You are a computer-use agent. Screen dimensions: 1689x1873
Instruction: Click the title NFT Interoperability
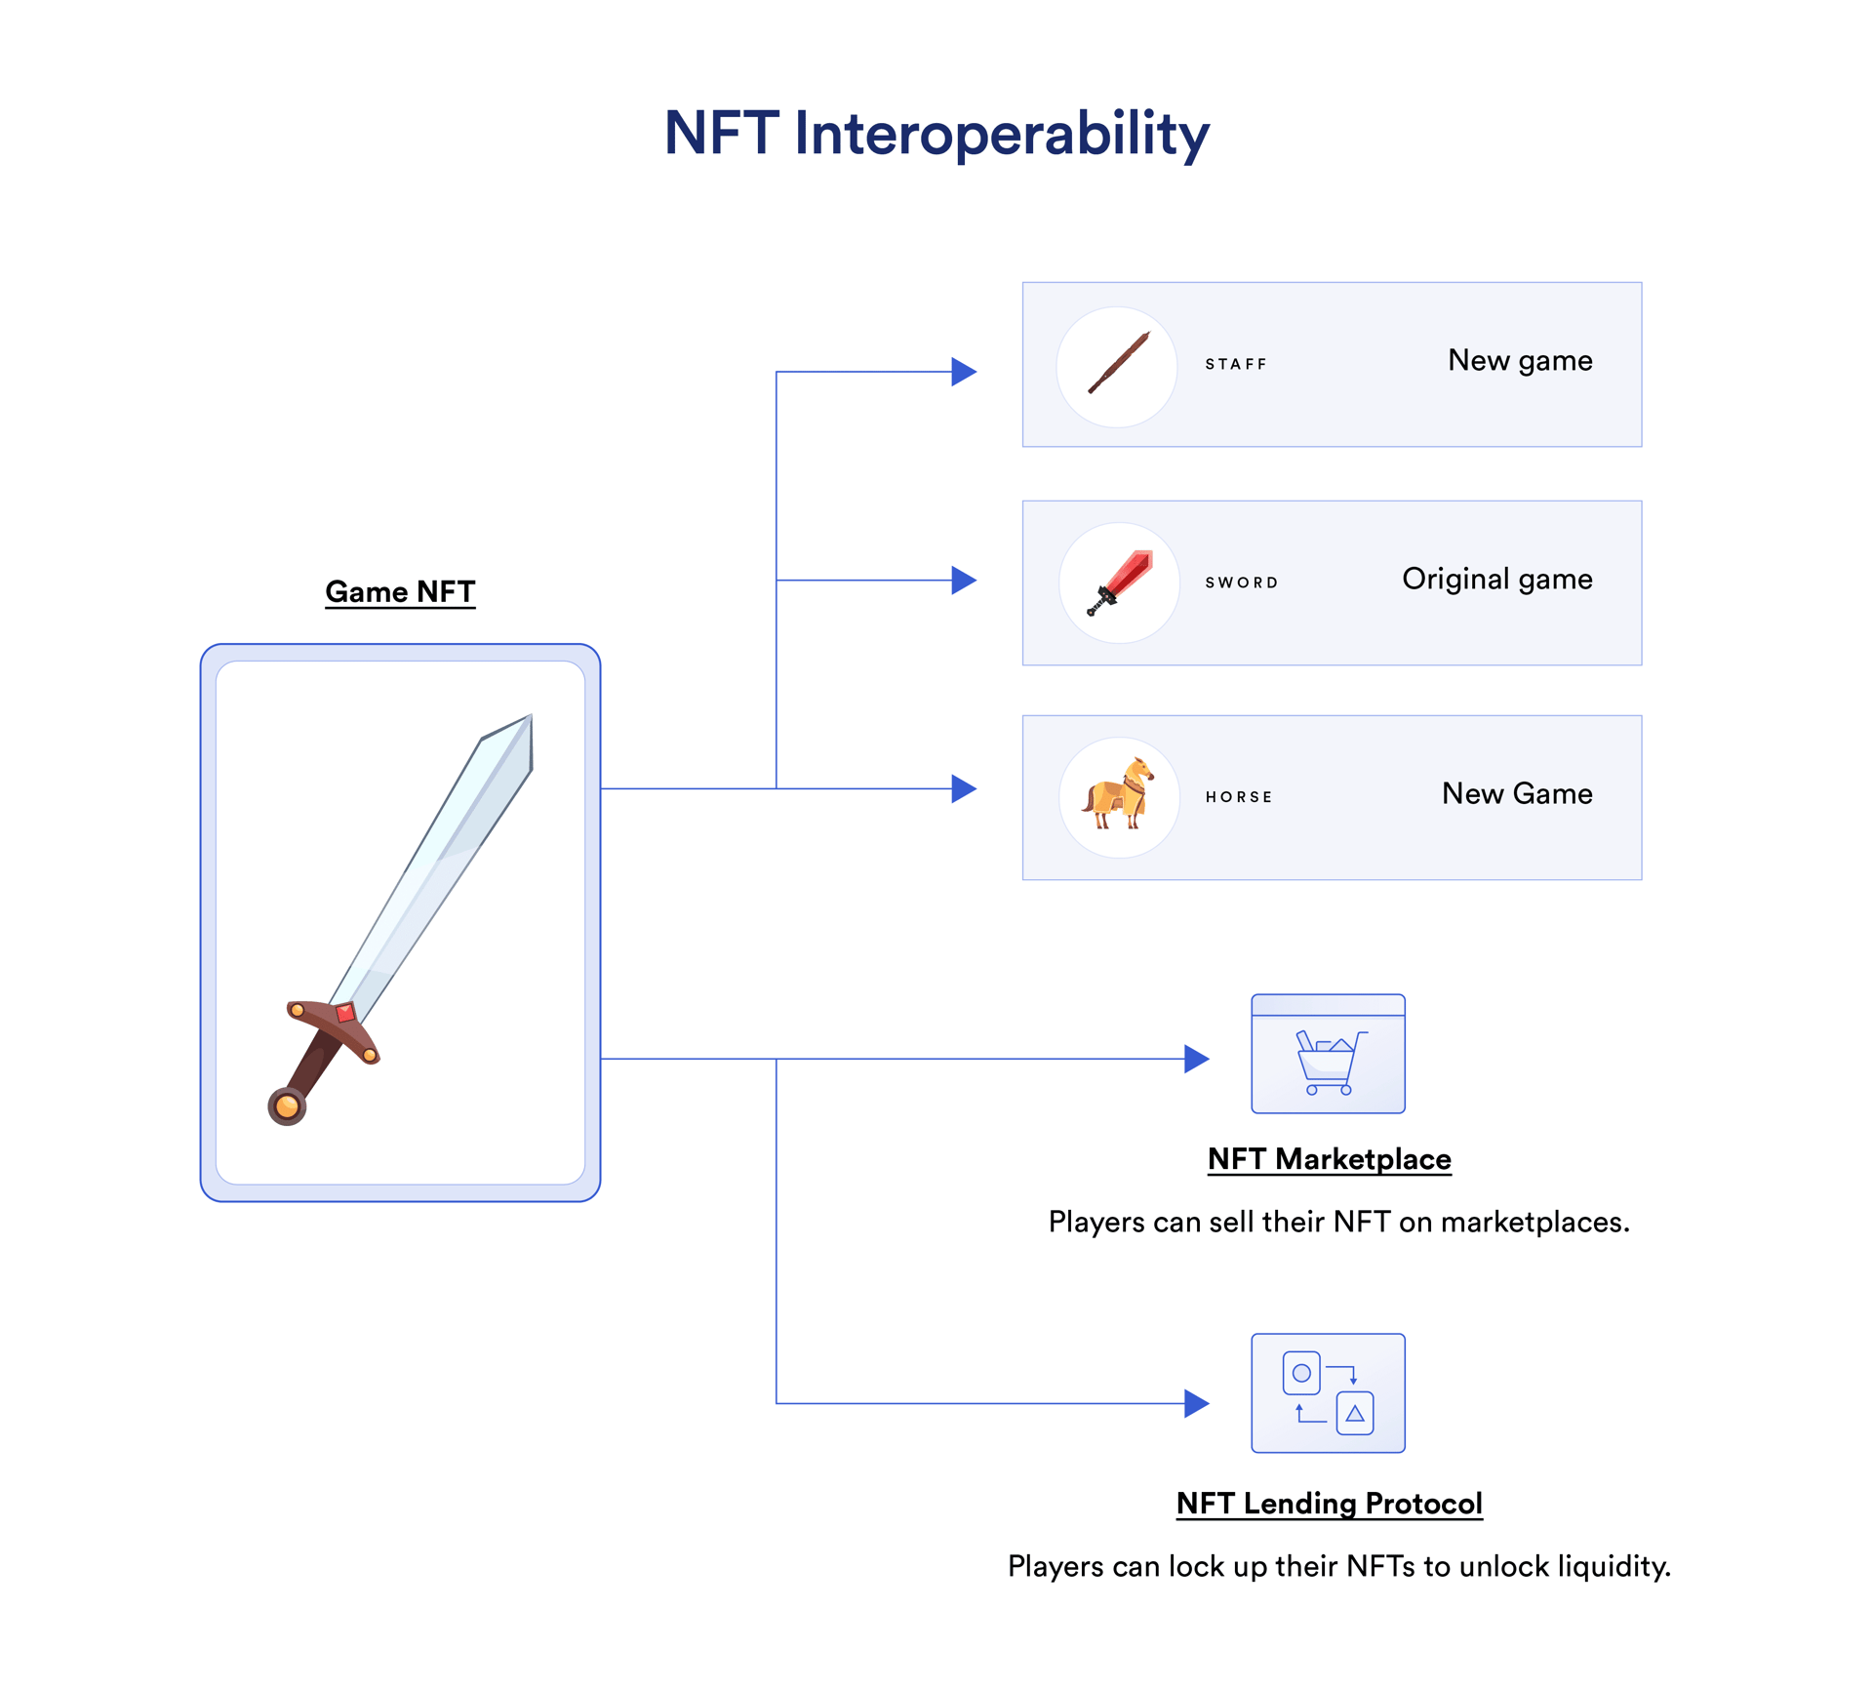(936, 134)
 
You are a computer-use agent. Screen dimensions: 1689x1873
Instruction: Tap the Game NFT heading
(400, 591)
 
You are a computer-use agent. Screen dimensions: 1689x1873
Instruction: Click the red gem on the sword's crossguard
(345, 1013)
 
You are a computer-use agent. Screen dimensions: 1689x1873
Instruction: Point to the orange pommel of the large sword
(287, 1106)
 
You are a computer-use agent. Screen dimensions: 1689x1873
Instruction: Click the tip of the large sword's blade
(528, 720)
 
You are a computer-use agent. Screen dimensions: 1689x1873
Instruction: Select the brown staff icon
(1118, 364)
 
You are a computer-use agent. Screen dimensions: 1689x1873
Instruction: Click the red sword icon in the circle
(1120, 583)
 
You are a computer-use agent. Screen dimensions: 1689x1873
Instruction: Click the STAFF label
(1235, 364)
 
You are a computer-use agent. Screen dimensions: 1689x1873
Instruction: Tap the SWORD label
(1241, 583)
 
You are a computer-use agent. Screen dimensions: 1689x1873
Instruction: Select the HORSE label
(1239, 797)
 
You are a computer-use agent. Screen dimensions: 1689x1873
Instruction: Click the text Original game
(1496, 580)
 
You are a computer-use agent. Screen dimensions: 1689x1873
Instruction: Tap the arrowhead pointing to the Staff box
(963, 372)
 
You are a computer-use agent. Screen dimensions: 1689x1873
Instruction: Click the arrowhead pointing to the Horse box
(963, 788)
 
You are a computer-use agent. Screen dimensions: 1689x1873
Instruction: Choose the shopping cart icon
(1328, 1062)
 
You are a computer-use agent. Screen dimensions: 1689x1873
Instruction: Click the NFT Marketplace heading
(1329, 1159)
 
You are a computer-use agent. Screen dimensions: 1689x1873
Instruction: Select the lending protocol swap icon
(1328, 1392)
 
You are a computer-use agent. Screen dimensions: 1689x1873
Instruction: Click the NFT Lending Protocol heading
(1329, 1504)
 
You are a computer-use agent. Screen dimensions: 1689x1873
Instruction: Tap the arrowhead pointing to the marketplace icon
(1196, 1059)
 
